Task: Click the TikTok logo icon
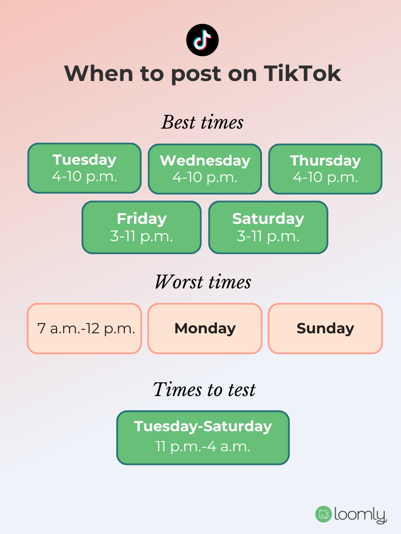click(x=202, y=40)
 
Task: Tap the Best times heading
click(x=202, y=122)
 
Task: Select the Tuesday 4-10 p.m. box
click(x=85, y=168)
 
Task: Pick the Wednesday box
click(x=205, y=169)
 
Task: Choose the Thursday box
click(x=325, y=169)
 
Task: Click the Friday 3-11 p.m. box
click(x=141, y=227)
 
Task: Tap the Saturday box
click(x=268, y=227)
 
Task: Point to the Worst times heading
click(x=203, y=282)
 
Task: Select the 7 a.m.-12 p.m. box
click(x=85, y=329)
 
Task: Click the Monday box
click(x=205, y=329)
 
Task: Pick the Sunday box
click(x=325, y=329)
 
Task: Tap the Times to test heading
click(x=204, y=390)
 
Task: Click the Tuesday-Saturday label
click(x=203, y=426)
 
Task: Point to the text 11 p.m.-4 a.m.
click(x=203, y=446)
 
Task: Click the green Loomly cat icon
click(x=323, y=514)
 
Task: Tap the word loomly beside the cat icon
click(x=360, y=515)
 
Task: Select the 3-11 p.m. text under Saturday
click(x=268, y=236)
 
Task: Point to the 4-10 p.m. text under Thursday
click(x=325, y=178)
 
